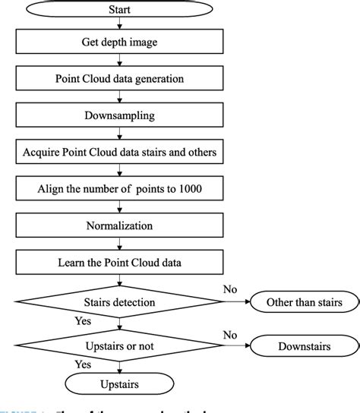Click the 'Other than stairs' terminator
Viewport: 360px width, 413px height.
[x=304, y=302]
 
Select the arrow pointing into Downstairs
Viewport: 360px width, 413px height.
[x=242, y=347]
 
